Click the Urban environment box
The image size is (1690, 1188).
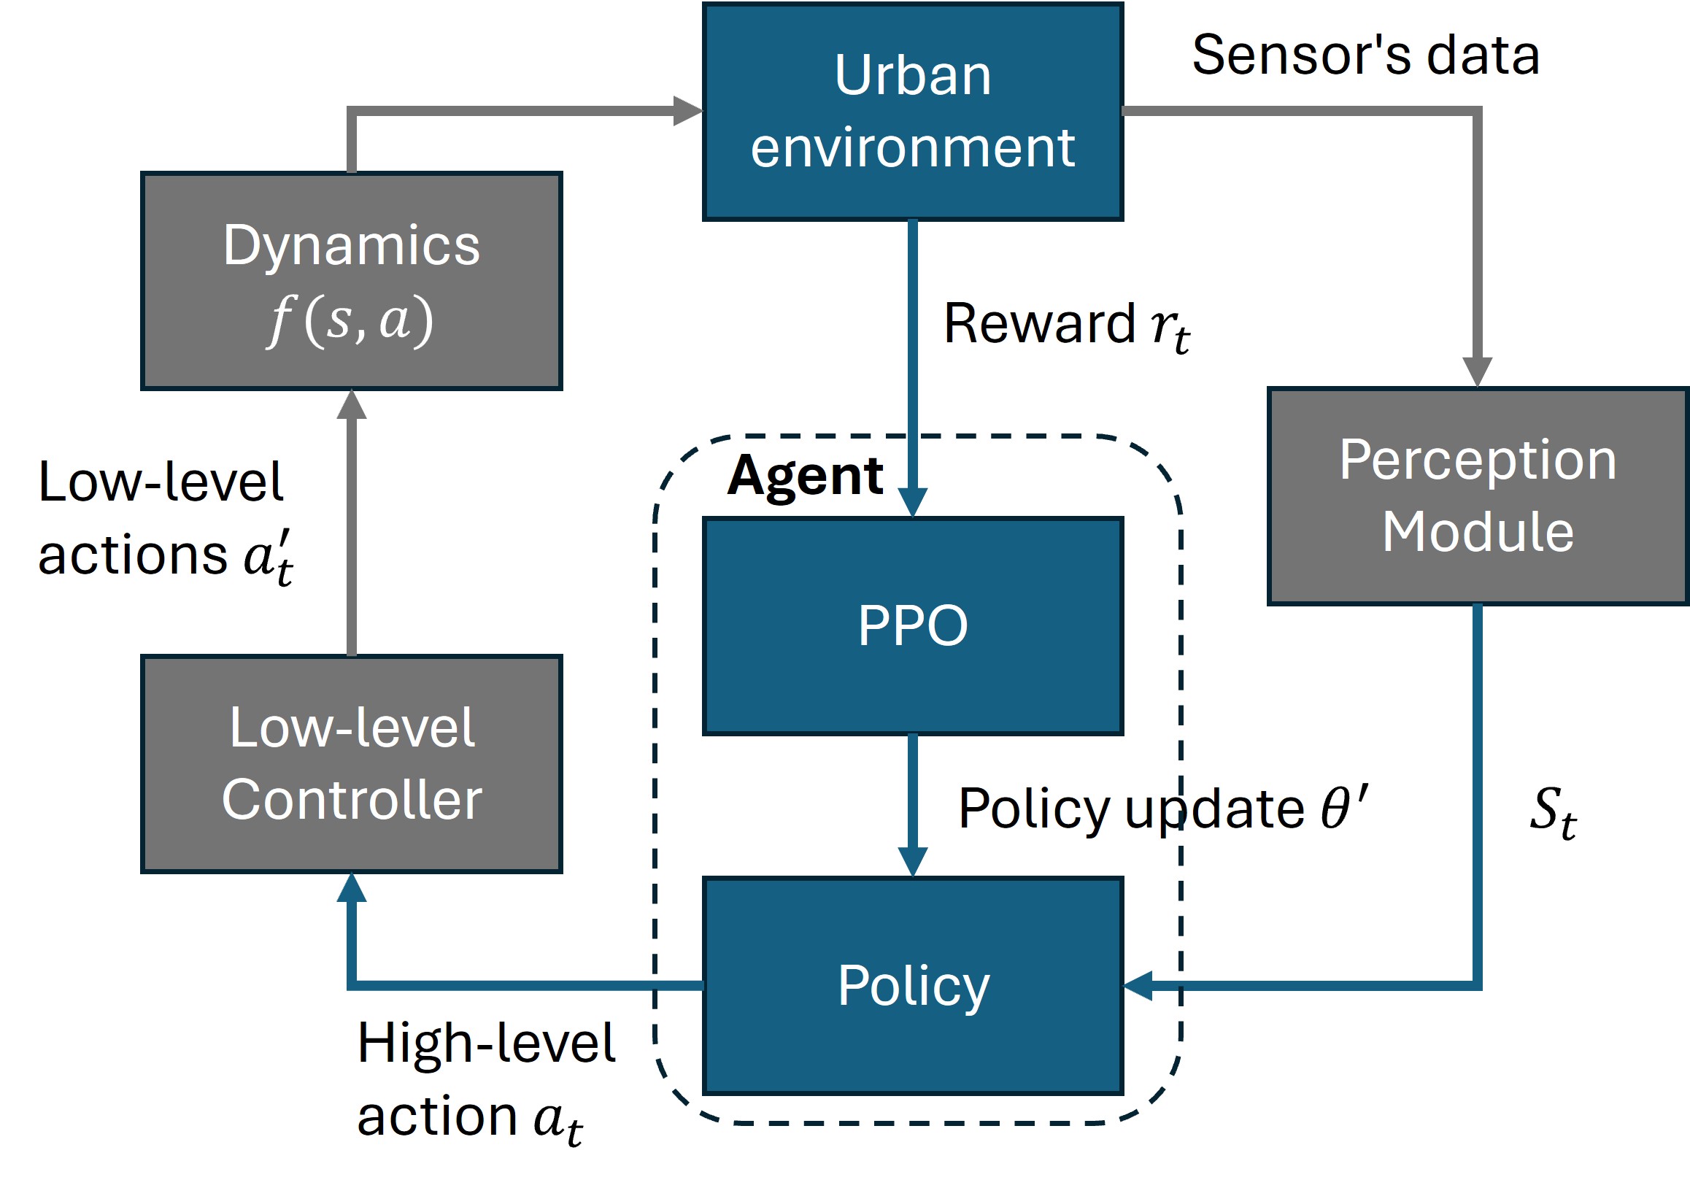point(913,112)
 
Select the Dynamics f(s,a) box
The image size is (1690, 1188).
point(352,280)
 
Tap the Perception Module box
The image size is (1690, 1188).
point(1478,496)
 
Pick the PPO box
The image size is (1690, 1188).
point(913,626)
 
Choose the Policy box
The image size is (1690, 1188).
point(913,986)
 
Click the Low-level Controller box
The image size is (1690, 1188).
point(352,764)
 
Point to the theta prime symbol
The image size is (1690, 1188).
point(1345,807)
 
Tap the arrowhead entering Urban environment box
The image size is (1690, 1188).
point(688,111)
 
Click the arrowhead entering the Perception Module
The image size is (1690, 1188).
point(1477,372)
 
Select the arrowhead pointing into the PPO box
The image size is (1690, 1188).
point(913,503)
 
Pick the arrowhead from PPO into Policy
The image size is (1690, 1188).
point(913,862)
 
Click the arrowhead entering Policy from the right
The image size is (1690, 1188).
point(1138,986)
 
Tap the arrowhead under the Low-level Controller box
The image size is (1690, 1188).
point(352,888)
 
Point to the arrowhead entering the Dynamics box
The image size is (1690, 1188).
point(352,405)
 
